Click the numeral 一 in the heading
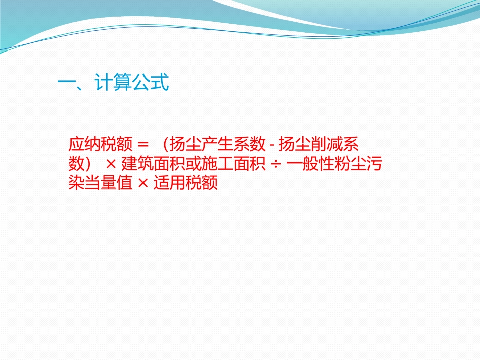pos(67,83)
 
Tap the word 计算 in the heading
pos(113,83)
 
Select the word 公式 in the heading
pos(150,83)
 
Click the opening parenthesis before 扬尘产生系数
pos(166,145)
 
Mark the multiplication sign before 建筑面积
pos(111,165)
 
